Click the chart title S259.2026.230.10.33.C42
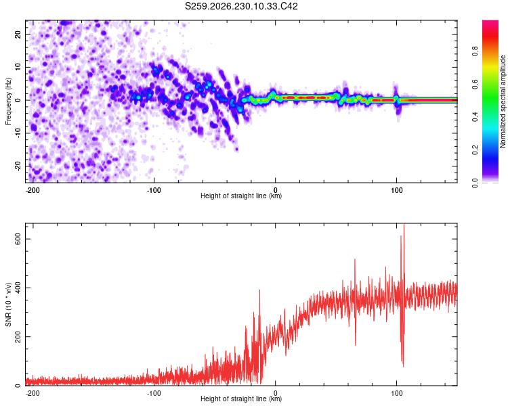tap(241, 6)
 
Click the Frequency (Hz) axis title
tap(8, 101)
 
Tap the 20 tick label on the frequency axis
tap(18, 34)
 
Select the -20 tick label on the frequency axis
tap(18, 166)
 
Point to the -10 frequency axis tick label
tap(18, 133)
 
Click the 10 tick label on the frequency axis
tap(18, 67)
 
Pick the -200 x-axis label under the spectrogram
tap(33, 190)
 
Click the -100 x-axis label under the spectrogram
tap(154, 190)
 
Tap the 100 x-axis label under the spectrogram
tap(396, 190)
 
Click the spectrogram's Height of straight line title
tap(241, 196)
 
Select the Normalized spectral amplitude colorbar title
tap(503, 101)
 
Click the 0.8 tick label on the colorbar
tap(475, 51)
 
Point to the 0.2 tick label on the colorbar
tap(475, 150)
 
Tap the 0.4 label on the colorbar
tap(475, 117)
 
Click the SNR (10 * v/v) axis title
tap(8, 304)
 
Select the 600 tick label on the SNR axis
tap(18, 239)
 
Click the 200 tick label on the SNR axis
tap(18, 337)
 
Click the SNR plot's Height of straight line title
tap(241, 399)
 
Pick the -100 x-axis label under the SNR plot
tap(154, 393)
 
